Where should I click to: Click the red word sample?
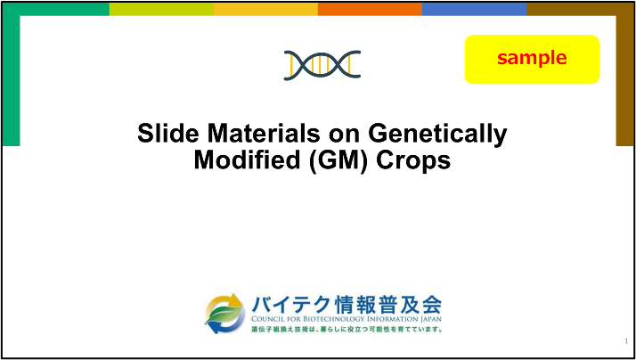532,58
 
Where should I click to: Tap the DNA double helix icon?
322,65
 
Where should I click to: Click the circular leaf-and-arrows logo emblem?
224,314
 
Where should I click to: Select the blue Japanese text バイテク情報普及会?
346,305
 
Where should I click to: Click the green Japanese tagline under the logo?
347,329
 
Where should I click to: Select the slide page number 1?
627,341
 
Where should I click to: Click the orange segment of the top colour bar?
370,9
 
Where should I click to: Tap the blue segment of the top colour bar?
474,9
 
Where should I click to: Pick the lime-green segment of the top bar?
161,9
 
